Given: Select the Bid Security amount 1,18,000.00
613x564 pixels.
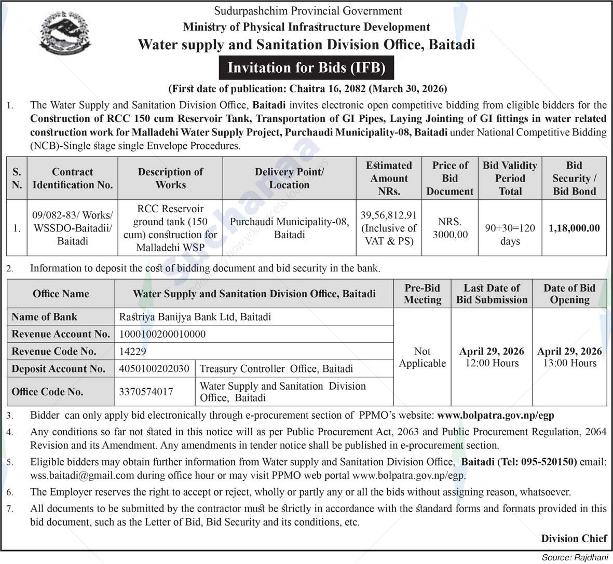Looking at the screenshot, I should pyautogui.click(x=574, y=228).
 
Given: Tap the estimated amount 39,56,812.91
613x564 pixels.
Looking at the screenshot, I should pyautogui.click(x=389, y=215).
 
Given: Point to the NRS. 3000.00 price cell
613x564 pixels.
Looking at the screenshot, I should pyautogui.click(x=450, y=228).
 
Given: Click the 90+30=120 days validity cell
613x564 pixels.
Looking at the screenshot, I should pyautogui.click(x=510, y=235).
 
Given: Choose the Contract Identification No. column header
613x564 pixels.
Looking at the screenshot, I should pyautogui.click(x=73, y=178).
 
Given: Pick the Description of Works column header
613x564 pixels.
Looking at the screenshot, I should pyautogui.click(x=170, y=178).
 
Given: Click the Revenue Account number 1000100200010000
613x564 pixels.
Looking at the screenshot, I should pyautogui.click(x=162, y=334).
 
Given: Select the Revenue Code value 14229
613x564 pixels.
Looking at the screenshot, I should pyautogui.click(x=133, y=351).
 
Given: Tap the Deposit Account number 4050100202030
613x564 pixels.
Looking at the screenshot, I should pyautogui.click(x=154, y=369).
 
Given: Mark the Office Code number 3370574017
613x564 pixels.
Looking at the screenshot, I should pyautogui.click(x=146, y=392).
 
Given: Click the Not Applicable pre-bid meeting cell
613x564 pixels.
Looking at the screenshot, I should pyautogui.click(x=423, y=357).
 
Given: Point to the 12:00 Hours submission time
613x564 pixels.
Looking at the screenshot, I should pyautogui.click(x=492, y=363).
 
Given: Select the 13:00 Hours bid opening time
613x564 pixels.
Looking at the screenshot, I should pyautogui.click(x=569, y=363).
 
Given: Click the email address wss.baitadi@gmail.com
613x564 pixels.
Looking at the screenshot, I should pyautogui.click(x=75, y=475).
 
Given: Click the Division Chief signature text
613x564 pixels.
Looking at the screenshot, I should pyautogui.click(x=574, y=538).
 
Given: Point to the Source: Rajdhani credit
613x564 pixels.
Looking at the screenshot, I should pyautogui.click(x=575, y=558).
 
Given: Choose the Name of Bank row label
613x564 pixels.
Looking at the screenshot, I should pyautogui.click(x=45, y=317).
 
